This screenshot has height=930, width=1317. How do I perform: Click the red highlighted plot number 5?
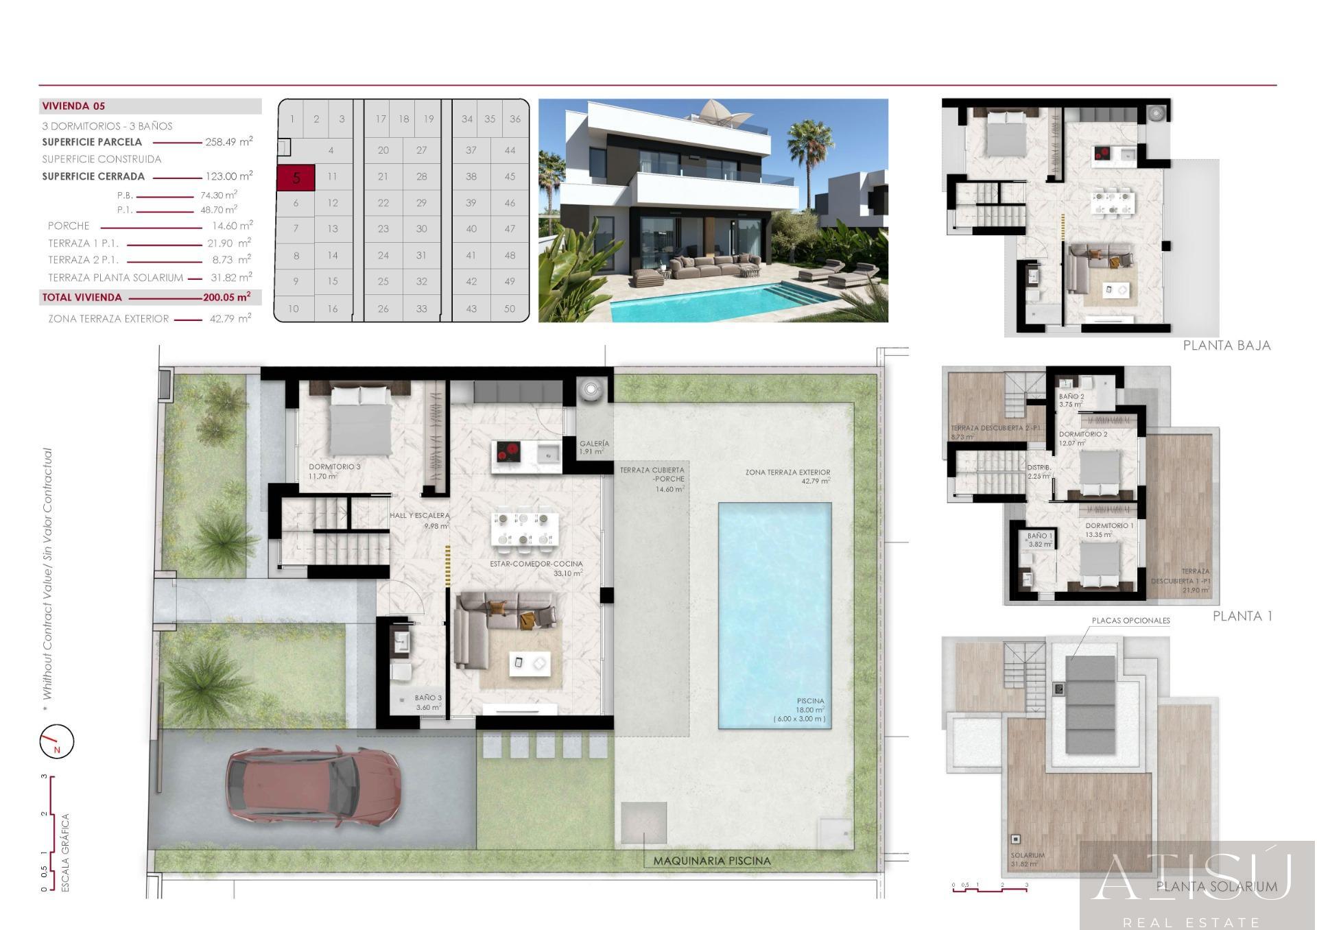296,178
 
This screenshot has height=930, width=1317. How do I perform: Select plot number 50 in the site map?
510,309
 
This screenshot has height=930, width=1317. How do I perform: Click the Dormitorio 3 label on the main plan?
334,467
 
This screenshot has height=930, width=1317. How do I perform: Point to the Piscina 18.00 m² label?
810,706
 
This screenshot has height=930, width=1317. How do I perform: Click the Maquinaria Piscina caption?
711,861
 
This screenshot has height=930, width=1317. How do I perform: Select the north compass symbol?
56,742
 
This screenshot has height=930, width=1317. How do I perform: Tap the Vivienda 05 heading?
73,106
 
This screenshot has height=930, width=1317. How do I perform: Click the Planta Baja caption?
1226,346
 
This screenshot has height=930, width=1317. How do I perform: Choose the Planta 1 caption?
1242,616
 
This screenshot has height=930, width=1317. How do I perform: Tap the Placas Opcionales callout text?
1130,621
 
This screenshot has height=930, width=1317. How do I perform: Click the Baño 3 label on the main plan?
428,698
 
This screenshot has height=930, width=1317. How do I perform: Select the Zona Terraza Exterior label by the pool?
787,473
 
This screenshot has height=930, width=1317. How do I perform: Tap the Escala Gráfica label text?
66,852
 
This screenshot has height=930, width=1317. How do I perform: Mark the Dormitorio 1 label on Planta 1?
1109,525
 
